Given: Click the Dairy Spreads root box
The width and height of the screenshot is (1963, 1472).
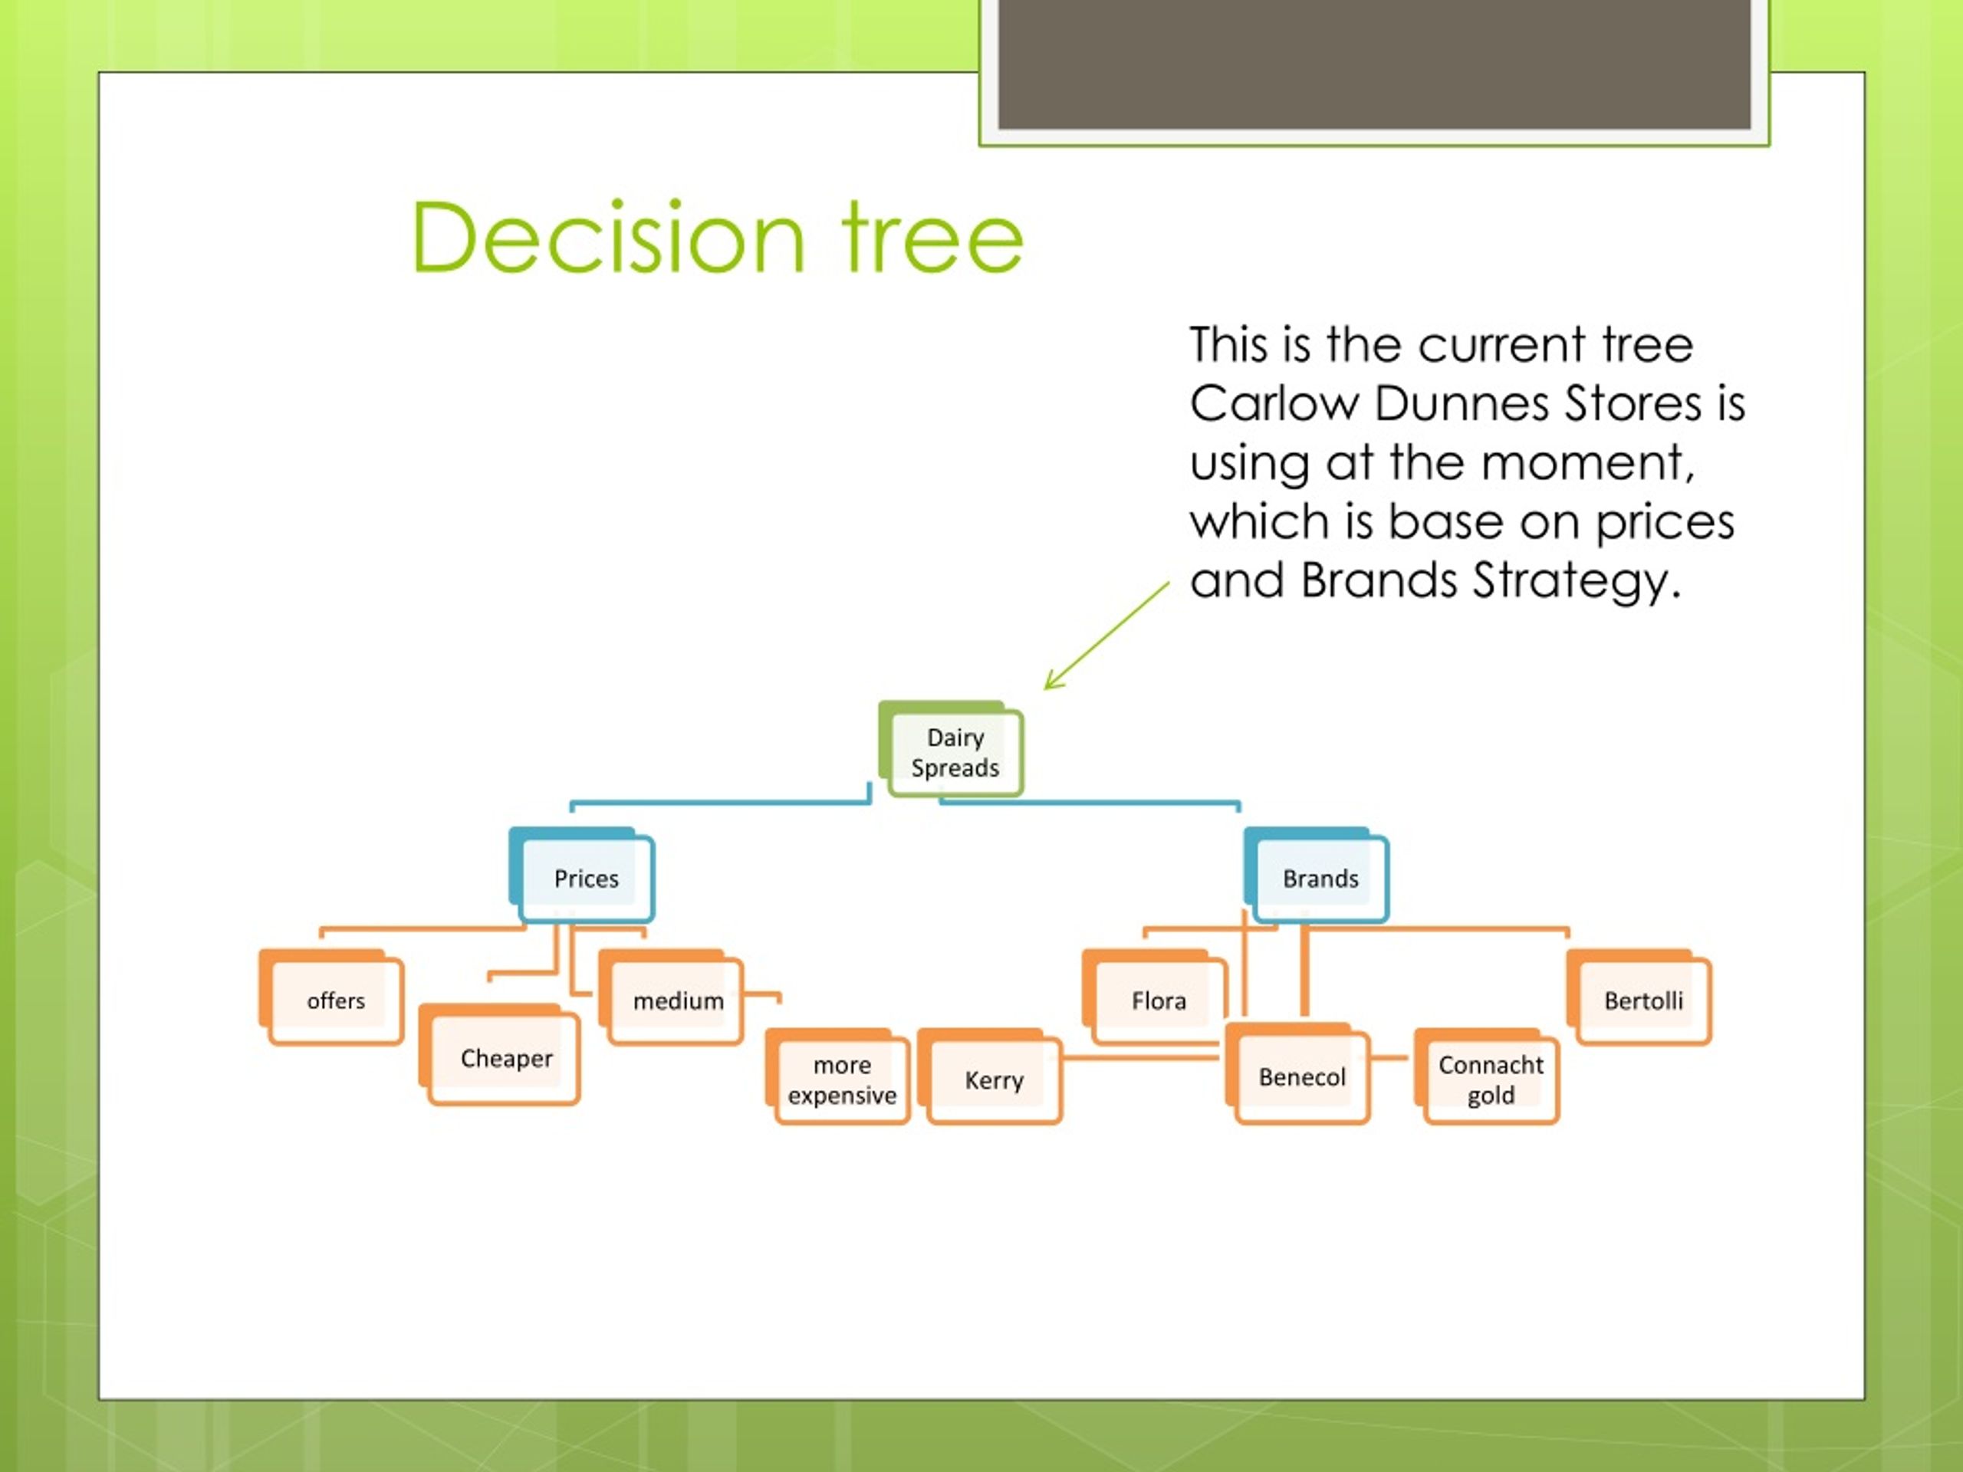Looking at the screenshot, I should pos(954,752).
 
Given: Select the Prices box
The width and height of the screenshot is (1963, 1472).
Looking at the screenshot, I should pos(586,879).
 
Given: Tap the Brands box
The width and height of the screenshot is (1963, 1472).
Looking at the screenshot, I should pos(1320,879).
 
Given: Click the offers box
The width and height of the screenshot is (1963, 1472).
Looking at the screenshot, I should pos(335,1001).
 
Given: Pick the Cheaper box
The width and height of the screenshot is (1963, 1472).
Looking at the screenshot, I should pos(506,1058).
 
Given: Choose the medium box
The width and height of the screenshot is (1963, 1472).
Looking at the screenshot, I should pos(677,1001).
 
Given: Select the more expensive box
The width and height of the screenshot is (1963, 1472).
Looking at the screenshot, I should pos(841,1079).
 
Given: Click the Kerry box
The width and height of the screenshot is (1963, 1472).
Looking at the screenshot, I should pos(994,1079).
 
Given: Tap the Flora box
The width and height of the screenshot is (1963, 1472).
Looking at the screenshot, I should pos(1158,1001).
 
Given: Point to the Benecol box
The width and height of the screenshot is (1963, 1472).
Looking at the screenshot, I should pos(1302,1077).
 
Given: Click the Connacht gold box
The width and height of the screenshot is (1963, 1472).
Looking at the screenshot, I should pos(1490,1079).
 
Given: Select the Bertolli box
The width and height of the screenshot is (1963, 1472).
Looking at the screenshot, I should pos(1642,1001).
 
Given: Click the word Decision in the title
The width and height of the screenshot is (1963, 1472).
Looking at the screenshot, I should pos(609,238).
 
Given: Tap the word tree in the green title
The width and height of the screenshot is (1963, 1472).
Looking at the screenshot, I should pos(932,238).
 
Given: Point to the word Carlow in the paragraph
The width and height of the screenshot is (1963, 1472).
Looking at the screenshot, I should pos(1274,405).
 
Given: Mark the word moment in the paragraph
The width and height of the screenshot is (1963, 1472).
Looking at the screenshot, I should pos(1587,463).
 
